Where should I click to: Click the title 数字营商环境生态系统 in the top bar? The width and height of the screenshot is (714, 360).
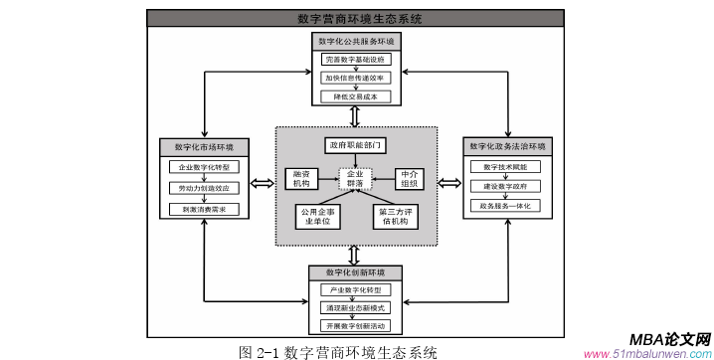[359, 18]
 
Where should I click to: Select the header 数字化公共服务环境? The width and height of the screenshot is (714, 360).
[356, 42]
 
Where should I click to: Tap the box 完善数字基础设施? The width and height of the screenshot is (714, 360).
[356, 60]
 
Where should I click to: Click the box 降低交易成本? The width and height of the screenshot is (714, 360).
[356, 95]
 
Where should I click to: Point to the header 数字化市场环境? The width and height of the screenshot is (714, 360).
[203, 146]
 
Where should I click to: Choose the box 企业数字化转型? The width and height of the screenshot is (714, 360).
[203, 167]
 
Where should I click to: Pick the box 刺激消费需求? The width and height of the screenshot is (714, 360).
[203, 209]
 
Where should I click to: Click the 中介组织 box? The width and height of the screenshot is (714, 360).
[410, 179]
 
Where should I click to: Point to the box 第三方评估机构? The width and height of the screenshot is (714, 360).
[396, 216]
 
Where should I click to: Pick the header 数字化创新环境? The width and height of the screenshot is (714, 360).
[355, 271]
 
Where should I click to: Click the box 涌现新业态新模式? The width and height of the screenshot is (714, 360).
[355, 308]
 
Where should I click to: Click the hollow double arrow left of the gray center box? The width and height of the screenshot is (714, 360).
[262, 182]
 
